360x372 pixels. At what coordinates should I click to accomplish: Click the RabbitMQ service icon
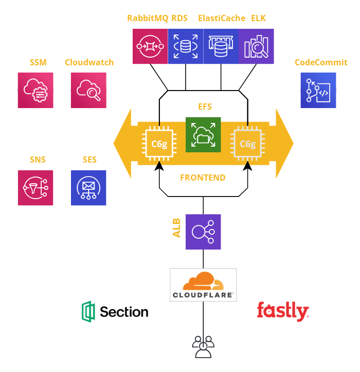(x=150, y=46)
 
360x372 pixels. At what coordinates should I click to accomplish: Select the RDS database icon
(x=186, y=46)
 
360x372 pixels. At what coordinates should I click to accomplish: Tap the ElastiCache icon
(x=221, y=46)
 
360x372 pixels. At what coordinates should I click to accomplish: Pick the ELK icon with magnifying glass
(x=256, y=46)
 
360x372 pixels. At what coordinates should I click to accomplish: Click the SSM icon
(x=35, y=90)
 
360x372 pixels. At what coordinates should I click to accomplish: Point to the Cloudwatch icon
(x=88, y=90)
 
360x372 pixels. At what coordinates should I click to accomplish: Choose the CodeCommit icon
(x=318, y=90)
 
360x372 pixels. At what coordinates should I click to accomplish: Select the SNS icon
(x=35, y=188)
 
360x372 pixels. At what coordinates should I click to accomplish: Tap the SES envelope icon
(x=88, y=188)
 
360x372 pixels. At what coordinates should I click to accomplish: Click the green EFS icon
(x=203, y=135)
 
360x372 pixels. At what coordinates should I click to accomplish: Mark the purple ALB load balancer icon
(x=203, y=232)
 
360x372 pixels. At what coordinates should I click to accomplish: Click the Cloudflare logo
(x=203, y=285)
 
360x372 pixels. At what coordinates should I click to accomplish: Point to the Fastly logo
(x=282, y=311)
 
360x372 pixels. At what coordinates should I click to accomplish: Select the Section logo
(x=115, y=312)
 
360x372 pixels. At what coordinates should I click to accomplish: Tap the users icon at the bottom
(x=203, y=346)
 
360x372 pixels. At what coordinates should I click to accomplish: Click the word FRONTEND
(x=203, y=178)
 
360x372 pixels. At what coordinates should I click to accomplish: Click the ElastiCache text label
(x=221, y=19)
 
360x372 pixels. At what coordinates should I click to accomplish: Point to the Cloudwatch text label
(x=89, y=63)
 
